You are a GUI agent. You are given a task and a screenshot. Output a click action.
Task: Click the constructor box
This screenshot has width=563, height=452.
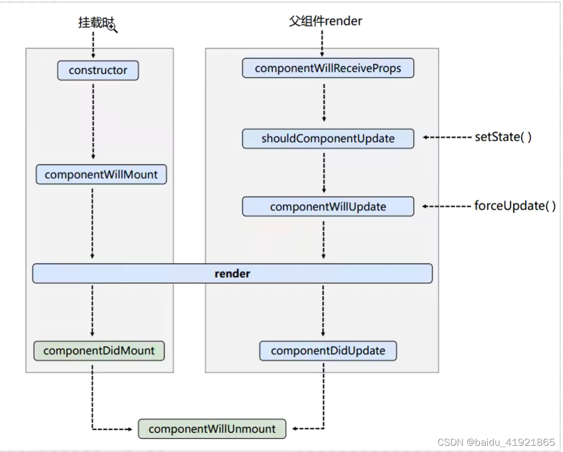click(x=97, y=71)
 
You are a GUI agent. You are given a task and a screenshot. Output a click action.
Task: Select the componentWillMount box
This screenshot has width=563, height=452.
click(x=101, y=175)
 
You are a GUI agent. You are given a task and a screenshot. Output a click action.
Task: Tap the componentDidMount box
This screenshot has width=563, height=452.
click(x=99, y=351)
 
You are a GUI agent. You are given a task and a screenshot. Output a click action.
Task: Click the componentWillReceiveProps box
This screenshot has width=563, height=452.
click(x=328, y=69)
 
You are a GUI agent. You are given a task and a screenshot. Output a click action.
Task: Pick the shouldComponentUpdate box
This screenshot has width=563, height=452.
click(x=328, y=139)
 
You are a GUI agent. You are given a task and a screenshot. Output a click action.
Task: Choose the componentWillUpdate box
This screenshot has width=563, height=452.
click(x=328, y=207)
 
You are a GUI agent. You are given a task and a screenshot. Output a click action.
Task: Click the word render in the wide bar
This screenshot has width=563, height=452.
click(x=232, y=273)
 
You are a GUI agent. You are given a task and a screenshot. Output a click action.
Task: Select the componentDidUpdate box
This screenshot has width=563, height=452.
click(x=328, y=351)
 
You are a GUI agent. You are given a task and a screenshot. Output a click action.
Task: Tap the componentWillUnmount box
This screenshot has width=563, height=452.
click(x=212, y=429)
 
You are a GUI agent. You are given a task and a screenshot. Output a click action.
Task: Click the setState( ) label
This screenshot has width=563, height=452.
click(x=503, y=138)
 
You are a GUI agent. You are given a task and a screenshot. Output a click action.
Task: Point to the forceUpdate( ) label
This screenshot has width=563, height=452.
click(x=515, y=206)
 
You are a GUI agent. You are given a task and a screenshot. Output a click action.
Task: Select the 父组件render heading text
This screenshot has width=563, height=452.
click(x=326, y=21)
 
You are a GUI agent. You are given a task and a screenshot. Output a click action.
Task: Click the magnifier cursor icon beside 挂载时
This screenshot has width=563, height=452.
click(x=112, y=27)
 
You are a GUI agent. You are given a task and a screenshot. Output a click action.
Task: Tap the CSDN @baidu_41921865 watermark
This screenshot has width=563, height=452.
click(x=496, y=442)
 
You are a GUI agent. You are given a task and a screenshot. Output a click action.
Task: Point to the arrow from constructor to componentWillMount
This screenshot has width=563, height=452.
click(x=93, y=122)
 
